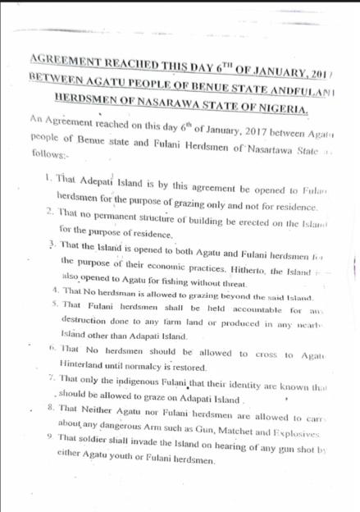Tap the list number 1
[48, 176]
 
